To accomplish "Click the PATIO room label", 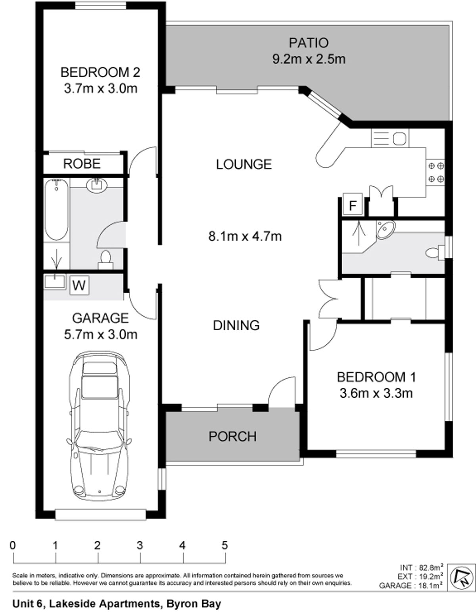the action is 309,43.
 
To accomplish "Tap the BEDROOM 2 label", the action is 100,73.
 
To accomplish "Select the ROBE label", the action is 82,164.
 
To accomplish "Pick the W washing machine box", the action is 79,285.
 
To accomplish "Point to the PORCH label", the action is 232,437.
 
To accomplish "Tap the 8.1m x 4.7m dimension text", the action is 245,236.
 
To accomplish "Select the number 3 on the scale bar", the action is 140,546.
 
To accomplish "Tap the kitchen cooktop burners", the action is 436,172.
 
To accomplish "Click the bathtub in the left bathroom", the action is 56,209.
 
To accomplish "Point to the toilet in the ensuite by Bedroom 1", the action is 435,253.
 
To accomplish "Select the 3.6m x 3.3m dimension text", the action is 376,393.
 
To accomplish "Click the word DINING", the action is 236,326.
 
